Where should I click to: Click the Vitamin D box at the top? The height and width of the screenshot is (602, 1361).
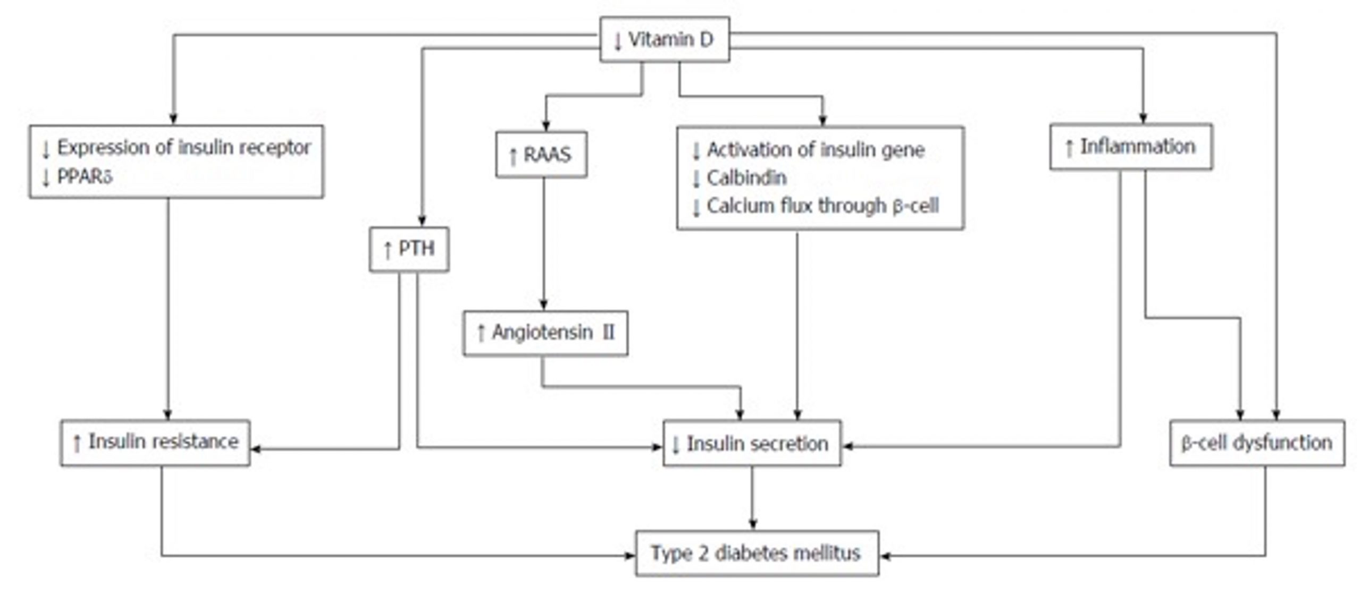point(665,39)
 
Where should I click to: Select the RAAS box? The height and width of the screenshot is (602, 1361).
point(541,155)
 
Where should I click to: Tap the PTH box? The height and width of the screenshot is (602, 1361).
point(409,249)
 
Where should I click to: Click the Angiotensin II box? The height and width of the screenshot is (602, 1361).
point(545,333)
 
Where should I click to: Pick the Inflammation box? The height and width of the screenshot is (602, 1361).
point(1131,147)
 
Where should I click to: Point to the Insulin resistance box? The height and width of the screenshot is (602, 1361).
point(155,443)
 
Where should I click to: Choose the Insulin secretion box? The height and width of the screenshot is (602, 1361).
point(752,443)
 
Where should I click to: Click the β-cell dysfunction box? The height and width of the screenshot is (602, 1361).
point(1257,443)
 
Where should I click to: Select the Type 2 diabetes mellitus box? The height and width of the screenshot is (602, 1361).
point(757,553)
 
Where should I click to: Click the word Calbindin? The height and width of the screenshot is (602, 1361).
point(746,178)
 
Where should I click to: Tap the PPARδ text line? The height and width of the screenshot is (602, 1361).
point(78,177)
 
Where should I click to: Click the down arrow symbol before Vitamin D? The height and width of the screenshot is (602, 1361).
point(617,41)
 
